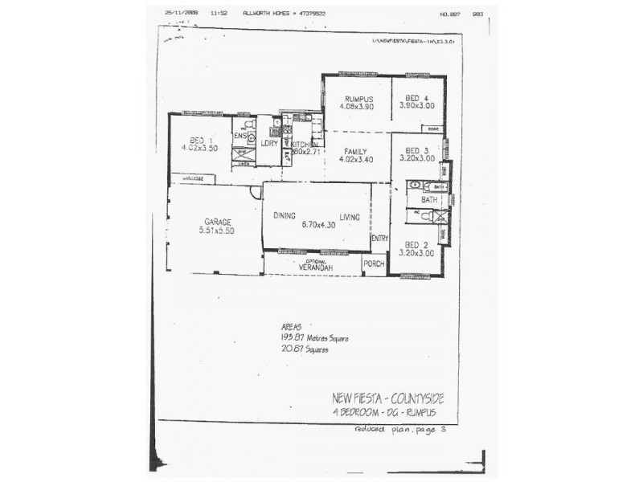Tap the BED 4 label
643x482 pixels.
tap(416, 99)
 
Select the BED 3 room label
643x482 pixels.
tap(416, 150)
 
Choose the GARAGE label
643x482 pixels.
tap(217, 222)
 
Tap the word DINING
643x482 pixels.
tap(285, 215)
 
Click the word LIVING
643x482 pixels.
tap(350, 215)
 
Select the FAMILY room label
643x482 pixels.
tap(354, 151)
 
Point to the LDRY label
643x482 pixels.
tap(268, 143)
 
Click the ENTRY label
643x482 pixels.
tap(379, 238)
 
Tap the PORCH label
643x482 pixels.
tap(374, 263)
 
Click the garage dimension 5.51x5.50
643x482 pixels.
tap(217, 231)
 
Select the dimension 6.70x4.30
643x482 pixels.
tap(317, 225)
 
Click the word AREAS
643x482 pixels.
tap(290, 328)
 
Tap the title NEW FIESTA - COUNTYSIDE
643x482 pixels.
tap(387, 398)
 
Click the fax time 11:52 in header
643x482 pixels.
tap(219, 14)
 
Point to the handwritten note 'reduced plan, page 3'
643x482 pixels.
tap(399, 430)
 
